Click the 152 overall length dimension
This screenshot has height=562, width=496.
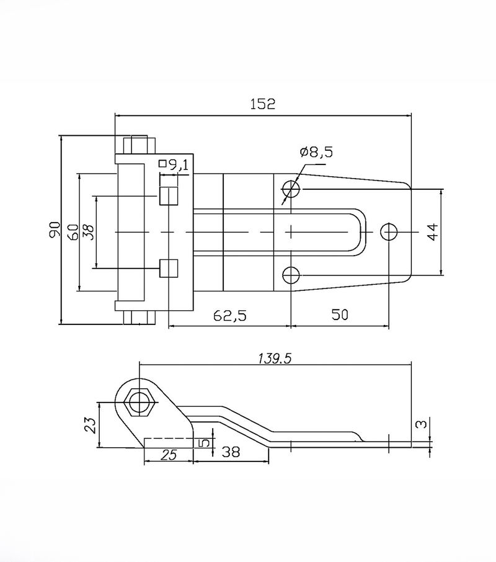click(x=263, y=104)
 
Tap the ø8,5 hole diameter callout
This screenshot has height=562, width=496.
click(x=317, y=153)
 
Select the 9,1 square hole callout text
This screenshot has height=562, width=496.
click(x=178, y=165)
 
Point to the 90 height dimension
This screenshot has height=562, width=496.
click(x=55, y=230)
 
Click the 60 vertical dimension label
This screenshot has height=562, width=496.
click(x=73, y=232)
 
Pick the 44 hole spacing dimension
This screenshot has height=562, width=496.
click(x=433, y=232)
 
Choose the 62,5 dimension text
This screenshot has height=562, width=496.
click(x=230, y=315)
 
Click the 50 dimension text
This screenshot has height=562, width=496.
click(x=340, y=314)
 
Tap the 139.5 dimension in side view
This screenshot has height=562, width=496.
click(x=275, y=359)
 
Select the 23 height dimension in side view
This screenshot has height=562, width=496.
click(x=91, y=425)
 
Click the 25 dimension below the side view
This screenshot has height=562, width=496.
click(x=169, y=455)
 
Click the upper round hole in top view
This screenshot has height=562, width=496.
click(x=291, y=189)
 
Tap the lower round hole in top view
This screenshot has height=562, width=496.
click(x=291, y=275)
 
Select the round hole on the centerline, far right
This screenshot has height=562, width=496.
click(x=389, y=232)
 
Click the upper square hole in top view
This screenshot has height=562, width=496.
click(x=169, y=196)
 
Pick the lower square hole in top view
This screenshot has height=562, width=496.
click(x=169, y=268)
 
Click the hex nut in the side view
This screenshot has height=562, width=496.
click(x=139, y=402)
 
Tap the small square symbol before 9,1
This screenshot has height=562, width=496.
click(x=162, y=164)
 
